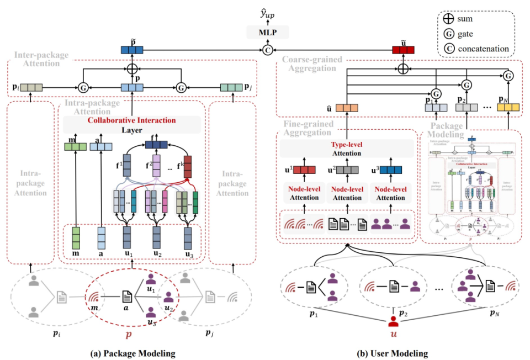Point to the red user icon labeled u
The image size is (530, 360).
393,323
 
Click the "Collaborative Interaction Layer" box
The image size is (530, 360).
131,124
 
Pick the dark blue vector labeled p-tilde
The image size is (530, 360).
132,50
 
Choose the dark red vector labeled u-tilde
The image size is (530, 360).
403,50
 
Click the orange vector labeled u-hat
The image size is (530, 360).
347,108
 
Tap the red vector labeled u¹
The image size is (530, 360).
304,170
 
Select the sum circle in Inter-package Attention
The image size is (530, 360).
132,70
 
